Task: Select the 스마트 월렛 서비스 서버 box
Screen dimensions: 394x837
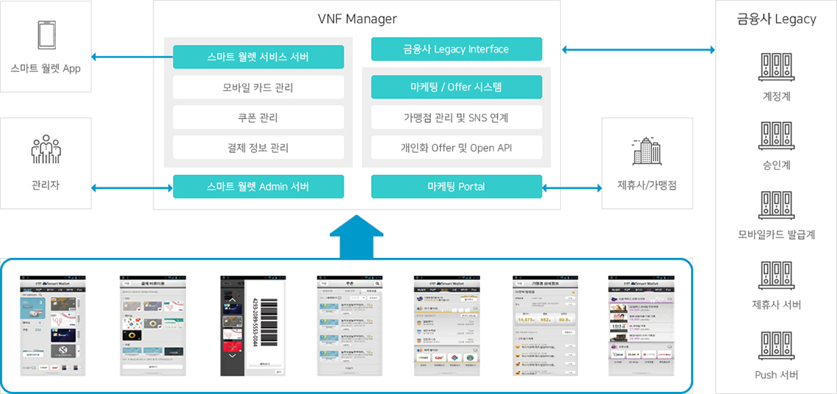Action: point(258,57)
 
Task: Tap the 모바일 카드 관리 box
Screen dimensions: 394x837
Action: point(258,87)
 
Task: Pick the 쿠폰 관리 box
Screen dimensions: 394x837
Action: point(258,118)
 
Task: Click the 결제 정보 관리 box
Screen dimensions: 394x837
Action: point(258,148)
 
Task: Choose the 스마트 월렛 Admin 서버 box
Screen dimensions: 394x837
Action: point(258,187)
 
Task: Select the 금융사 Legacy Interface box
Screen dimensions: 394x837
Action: point(457,49)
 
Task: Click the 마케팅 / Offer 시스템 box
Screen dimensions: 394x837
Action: point(457,87)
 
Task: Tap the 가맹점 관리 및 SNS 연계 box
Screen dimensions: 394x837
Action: point(457,118)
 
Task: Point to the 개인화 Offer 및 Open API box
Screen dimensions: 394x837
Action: point(457,148)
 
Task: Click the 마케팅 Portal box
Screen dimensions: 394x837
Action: point(457,187)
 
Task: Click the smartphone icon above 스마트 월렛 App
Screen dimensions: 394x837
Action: point(46,35)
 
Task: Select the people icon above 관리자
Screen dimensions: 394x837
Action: point(46,149)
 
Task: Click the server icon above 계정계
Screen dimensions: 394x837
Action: point(776,67)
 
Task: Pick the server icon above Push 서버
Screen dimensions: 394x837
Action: point(776,346)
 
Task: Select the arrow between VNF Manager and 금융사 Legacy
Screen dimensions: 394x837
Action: point(638,50)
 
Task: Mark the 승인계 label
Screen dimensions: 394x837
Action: point(776,165)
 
